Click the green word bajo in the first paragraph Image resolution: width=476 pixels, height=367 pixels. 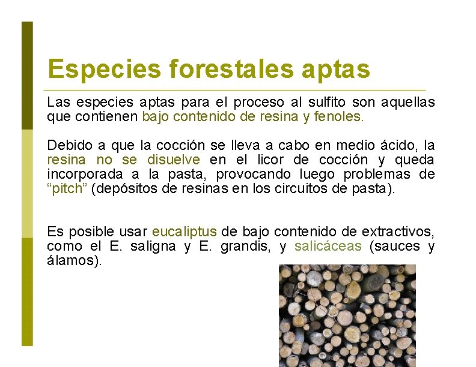(x=156, y=116)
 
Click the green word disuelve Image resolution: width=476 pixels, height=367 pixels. (x=173, y=160)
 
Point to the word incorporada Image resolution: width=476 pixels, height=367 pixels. (x=85, y=175)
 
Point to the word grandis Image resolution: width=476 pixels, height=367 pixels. (x=239, y=246)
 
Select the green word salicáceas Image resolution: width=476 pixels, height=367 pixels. (x=328, y=246)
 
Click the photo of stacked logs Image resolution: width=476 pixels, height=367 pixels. (x=347, y=315)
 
